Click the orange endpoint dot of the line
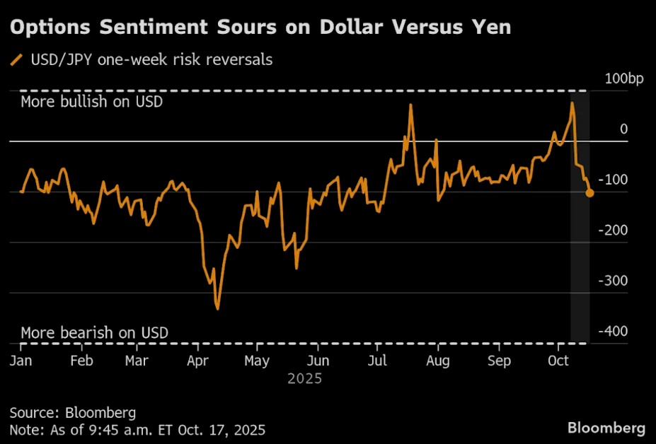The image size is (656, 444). tap(589, 192)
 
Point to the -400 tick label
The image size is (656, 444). tap(614, 332)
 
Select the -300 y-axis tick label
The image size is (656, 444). tap(614, 281)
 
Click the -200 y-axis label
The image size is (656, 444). tap(614, 230)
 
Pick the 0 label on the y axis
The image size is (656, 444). tap(623, 129)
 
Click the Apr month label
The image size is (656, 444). tap(197, 360)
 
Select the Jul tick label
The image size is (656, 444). tap(379, 360)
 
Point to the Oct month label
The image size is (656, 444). tap(559, 360)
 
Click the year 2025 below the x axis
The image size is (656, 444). tap(305, 379)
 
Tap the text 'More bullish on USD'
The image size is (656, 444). tap(91, 102)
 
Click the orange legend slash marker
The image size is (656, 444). tap(16, 60)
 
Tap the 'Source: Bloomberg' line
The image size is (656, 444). tap(72, 412)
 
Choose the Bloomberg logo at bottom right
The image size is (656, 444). tap(606, 428)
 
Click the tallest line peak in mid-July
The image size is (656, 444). tap(410, 105)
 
